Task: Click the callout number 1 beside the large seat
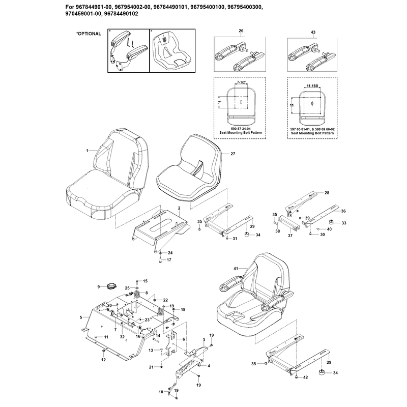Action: coord(87,151)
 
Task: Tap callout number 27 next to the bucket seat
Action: coord(233,154)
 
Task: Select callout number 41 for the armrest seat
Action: coord(236,269)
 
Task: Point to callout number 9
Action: coord(99,286)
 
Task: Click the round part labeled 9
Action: coord(112,286)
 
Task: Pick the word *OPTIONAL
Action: coord(89,34)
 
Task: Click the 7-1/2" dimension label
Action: coord(242,82)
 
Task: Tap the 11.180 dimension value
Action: coord(312,86)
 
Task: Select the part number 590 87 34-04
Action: coord(241,129)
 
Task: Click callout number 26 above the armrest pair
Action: coord(241,31)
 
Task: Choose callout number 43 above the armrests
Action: coord(313,32)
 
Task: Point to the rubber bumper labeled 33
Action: coord(331,222)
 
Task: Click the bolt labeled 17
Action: coord(160,259)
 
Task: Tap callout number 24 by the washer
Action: coord(170,253)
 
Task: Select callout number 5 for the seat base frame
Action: coord(81,317)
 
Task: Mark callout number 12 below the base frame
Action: coord(104,360)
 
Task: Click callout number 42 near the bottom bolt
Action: coord(306,377)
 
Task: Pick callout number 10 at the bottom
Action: coord(161,392)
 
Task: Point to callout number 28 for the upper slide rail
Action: coord(327,193)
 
